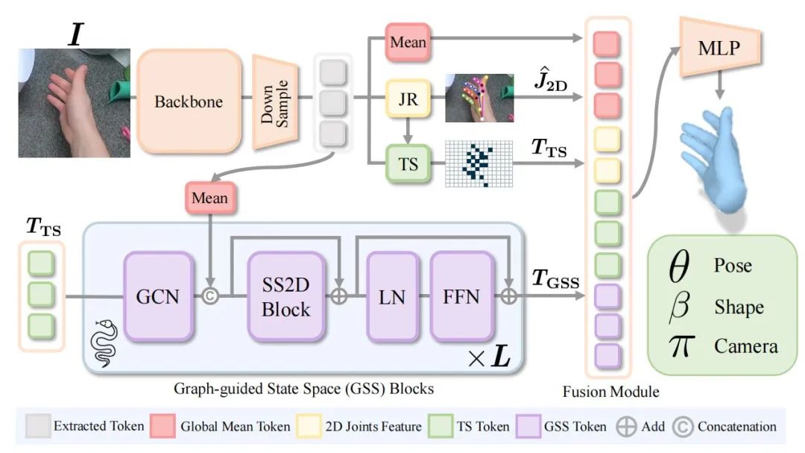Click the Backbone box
point(189,101)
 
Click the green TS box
point(408,163)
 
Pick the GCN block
point(159,296)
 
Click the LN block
point(391,296)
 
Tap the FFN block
point(462,296)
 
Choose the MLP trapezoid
point(719,50)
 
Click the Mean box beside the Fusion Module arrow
point(408,42)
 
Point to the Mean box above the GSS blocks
point(209,198)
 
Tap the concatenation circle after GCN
point(209,296)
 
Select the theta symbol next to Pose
point(679,266)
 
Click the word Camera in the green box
point(745,346)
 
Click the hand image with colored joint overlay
point(479,98)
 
